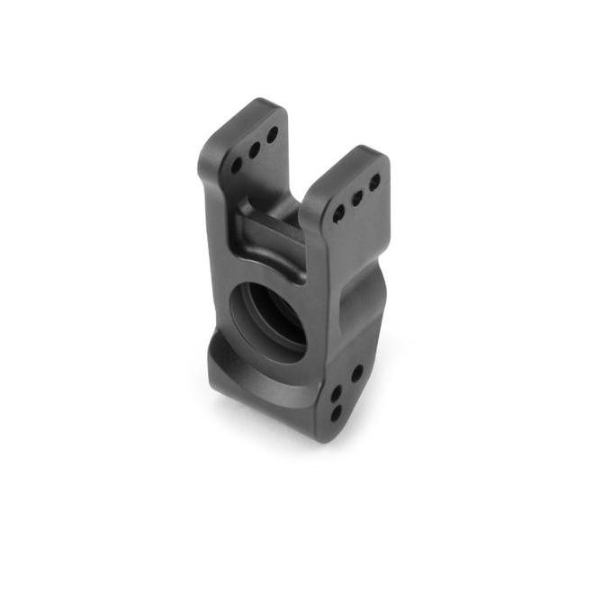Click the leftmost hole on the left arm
(237, 166)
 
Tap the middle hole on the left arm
(255, 148)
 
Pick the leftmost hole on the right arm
(338, 213)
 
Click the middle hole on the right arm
(356, 197)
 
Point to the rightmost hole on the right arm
(374, 181)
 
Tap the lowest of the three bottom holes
(336, 414)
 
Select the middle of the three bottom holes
(335, 392)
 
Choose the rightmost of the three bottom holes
(356, 372)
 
